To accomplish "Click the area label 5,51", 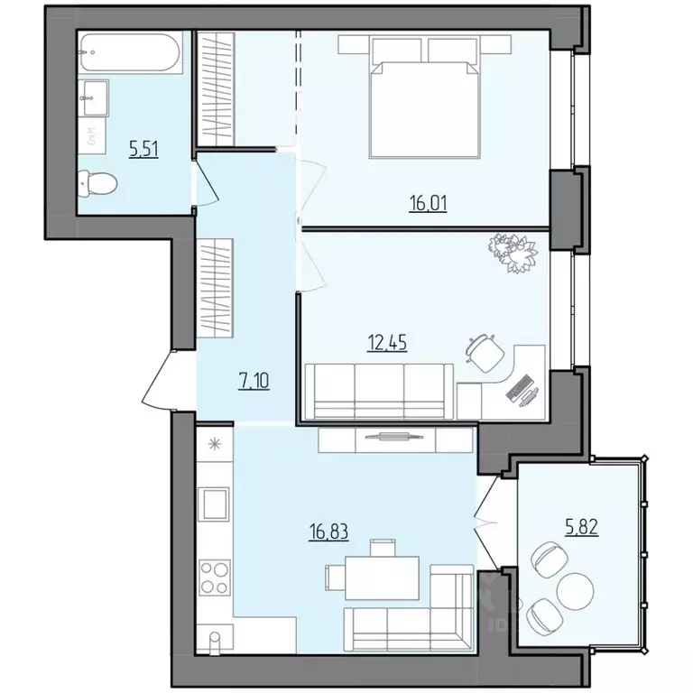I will [143, 150].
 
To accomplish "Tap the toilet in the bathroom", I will [97, 184].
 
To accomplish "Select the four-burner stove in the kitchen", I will [214, 576].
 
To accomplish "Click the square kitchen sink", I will [214, 502].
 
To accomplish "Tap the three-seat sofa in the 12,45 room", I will [379, 390].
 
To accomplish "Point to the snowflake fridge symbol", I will [214, 443].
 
